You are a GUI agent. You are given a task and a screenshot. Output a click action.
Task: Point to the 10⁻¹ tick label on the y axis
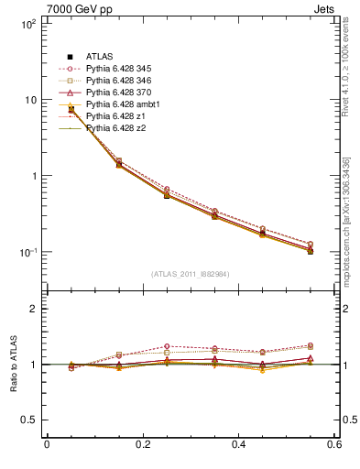(x=27, y=252)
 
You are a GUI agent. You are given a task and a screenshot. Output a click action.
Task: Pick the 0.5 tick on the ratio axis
(x=29, y=420)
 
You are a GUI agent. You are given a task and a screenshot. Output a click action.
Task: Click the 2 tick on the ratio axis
(x=33, y=309)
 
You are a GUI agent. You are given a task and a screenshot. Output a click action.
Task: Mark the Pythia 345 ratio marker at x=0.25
(x=166, y=346)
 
